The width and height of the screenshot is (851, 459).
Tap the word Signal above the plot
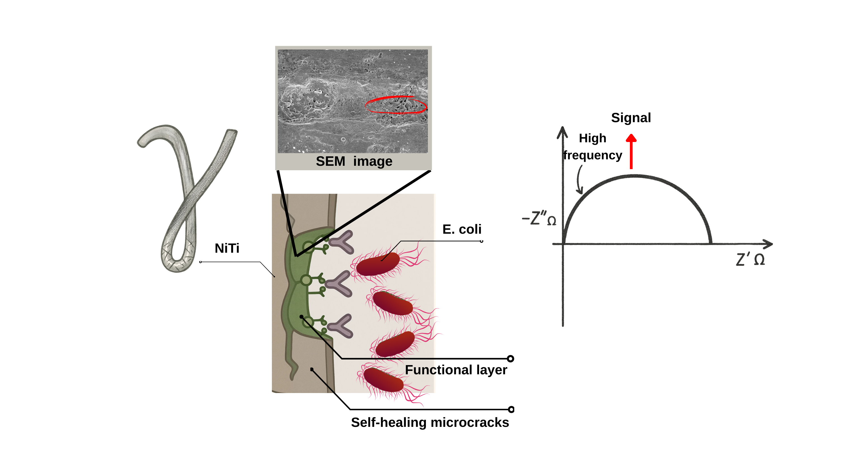(x=631, y=118)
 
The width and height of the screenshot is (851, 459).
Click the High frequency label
(x=593, y=146)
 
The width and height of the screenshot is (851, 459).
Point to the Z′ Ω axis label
(x=750, y=259)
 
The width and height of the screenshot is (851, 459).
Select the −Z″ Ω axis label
(x=539, y=218)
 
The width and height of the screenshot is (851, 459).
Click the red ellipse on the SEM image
(x=396, y=105)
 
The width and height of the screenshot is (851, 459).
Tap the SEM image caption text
(x=354, y=161)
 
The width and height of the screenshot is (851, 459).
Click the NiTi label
(x=227, y=248)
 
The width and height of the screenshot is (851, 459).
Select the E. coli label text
(x=462, y=229)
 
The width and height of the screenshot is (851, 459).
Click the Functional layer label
(x=456, y=370)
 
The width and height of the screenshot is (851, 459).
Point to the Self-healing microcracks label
(x=430, y=422)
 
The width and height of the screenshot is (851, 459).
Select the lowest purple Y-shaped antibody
(x=341, y=326)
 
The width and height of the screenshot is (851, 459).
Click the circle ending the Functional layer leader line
(x=510, y=359)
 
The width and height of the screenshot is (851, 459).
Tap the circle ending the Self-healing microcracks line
(x=511, y=410)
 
